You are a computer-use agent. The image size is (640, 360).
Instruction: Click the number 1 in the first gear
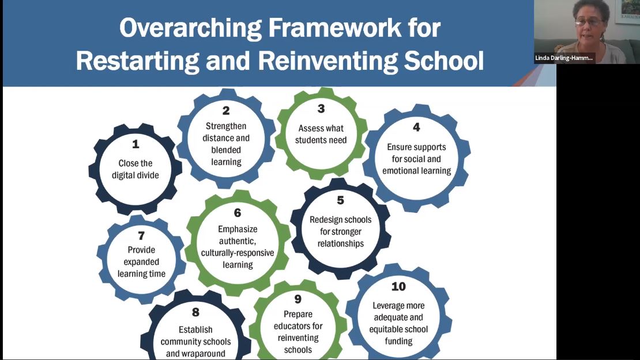[x=135, y=144]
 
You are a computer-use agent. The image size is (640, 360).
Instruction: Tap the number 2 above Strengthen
[x=226, y=111]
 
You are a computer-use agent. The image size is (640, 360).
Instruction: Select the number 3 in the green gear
[x=321, y=109]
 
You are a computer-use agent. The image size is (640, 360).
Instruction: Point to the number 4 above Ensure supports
[x=416, y=127]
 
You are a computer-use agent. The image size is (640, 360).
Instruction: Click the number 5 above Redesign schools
[x=340, y=200]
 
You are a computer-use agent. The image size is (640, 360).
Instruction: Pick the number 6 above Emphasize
[x=237, y=213]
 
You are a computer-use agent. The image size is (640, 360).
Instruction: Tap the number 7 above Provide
[x=141, y=236]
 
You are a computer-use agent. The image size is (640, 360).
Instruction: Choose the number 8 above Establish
[x=195, y=312]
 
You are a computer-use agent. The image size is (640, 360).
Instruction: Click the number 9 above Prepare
[x=298, y=299]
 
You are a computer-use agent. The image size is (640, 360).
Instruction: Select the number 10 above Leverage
[x=398, y=287]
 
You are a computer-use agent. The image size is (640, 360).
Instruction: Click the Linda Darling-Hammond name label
[x=564, y=58]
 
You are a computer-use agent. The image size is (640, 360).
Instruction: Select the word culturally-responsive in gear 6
[x=238, y=253]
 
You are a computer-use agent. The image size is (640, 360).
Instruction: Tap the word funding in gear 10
[x=398, y=341]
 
